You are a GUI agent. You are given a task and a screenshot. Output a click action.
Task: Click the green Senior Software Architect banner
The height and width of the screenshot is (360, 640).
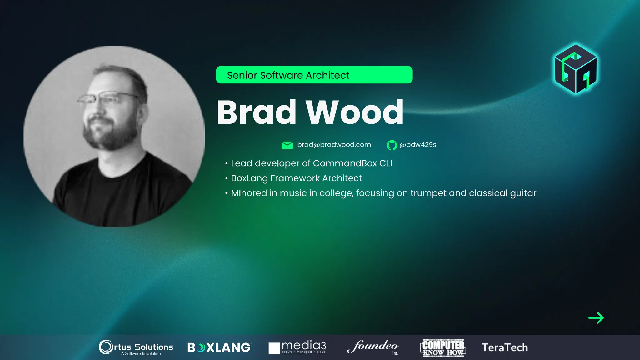click(x=314, y=75)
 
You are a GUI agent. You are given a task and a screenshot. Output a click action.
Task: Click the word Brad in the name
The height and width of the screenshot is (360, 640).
click(x=256, y=112)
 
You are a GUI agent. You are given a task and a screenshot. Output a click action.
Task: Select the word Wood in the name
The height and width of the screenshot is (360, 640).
click(x=354, y=112)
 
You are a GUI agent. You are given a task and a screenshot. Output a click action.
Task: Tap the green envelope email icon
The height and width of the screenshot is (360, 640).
click(x=287, y=145)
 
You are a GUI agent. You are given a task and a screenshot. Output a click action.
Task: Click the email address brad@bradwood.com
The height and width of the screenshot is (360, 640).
click(x=334, y=145)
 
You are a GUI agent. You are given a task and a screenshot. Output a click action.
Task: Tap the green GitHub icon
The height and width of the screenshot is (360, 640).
click(x=392, y=145)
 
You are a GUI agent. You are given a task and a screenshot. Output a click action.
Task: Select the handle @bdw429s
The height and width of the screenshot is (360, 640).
click(x=418, y=145)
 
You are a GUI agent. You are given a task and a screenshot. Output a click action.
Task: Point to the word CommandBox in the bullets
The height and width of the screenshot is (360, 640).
click(x=345, y=163)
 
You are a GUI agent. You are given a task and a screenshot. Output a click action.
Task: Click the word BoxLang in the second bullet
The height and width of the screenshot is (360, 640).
click(x=249, y=178)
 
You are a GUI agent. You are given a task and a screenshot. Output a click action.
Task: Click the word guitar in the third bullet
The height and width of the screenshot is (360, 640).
click(x=523, y=193)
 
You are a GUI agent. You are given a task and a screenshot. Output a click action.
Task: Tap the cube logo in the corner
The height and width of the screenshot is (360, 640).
click(x=576, y=69)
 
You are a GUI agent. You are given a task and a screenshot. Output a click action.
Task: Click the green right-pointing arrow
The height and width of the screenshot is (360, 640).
click(x=596, y=318)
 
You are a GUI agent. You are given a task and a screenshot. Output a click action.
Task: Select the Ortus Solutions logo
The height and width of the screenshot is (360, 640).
click(x=136, y=347)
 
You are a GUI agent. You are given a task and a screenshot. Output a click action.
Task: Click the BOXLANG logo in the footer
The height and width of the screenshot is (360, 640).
click(x=219, y=347)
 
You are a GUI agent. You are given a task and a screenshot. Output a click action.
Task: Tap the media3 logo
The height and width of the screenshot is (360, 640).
click(x=297, y=347)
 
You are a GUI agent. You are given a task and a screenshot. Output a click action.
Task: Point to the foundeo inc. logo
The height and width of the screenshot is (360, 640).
click(x=373, y=347)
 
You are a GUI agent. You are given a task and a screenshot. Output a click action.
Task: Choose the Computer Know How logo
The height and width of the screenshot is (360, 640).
click(x=443, y=347)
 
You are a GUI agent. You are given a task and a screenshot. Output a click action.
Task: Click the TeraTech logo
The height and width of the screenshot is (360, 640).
click(x=505, y=347)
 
